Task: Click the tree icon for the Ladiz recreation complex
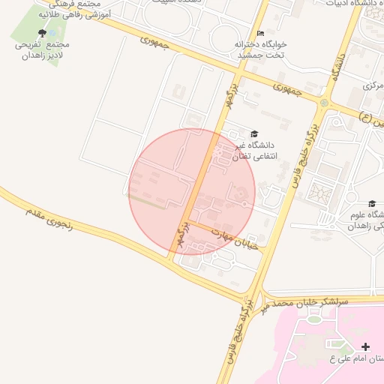click(x=42, y=33)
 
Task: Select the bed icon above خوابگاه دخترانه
click(x=260, y=33)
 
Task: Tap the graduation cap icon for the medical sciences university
click(x=372, y=203)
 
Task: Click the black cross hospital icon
click(x=365, y=346)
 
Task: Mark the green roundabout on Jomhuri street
click(x=324, y=103)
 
